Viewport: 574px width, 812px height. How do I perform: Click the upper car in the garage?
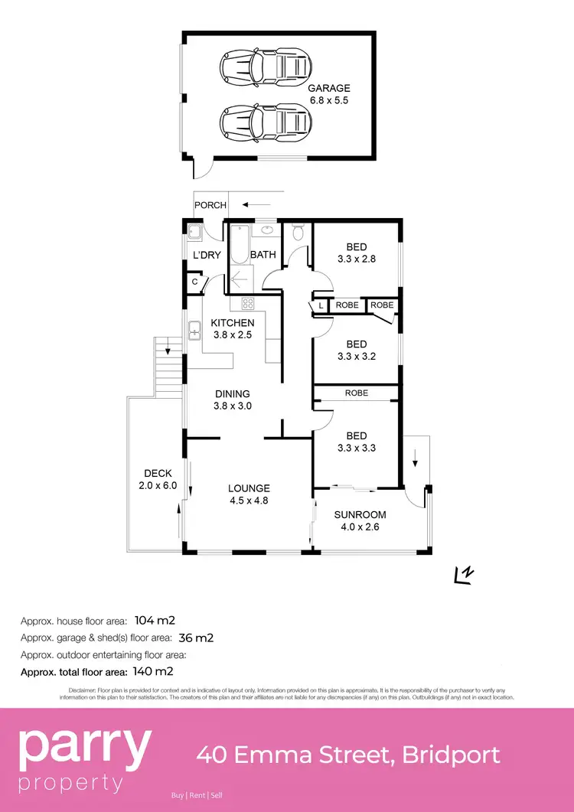point(263,67)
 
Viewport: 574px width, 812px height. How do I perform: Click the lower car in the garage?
point(263,120)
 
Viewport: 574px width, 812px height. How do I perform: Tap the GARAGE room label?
point(328,89)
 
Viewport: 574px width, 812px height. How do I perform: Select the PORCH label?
point(210,205)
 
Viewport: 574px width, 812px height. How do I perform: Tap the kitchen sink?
point(194,330)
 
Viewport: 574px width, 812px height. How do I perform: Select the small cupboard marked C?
point(194,282)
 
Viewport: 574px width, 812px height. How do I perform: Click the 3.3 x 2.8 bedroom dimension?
point(357,259)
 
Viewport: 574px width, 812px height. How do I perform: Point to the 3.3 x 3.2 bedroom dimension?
point(357,356)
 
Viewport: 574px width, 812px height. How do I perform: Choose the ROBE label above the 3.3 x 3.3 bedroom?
point(356,393)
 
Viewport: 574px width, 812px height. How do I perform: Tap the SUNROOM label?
point(360,514)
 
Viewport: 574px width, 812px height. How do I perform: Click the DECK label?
point(158,473)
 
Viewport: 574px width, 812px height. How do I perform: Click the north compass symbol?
point(463,575)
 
